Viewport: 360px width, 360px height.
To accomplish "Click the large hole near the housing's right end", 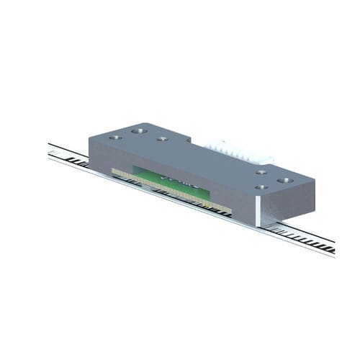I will [x=284, y=180].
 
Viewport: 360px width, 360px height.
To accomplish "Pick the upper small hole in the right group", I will [x=261, y=172].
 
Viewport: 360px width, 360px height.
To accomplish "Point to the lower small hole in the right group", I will [x=261, y=187].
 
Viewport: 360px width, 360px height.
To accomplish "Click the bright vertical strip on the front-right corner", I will [x=257, y=210].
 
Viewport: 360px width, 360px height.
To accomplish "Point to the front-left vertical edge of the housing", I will [x=89, y=151].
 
